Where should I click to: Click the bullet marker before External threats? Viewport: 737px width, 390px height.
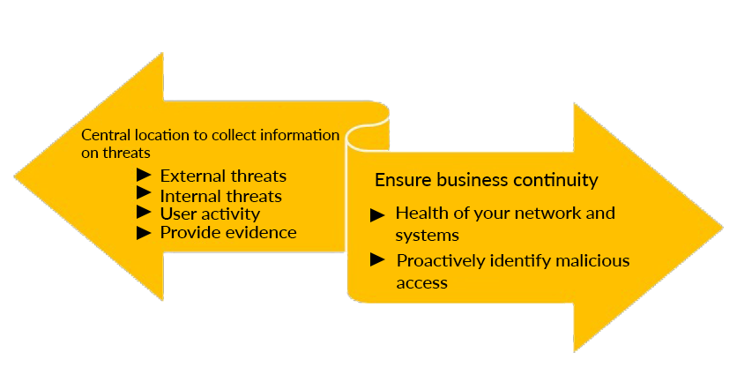(145, 176)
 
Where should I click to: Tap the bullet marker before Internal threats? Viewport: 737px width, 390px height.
(145, 195)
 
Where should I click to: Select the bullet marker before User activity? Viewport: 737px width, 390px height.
(145, 214)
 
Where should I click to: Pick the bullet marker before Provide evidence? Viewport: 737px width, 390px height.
(145, 233)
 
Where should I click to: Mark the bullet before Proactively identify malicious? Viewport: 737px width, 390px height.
(377, 259)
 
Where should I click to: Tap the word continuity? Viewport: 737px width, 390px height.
(555, 181)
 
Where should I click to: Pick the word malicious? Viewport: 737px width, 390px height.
(595, 261)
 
